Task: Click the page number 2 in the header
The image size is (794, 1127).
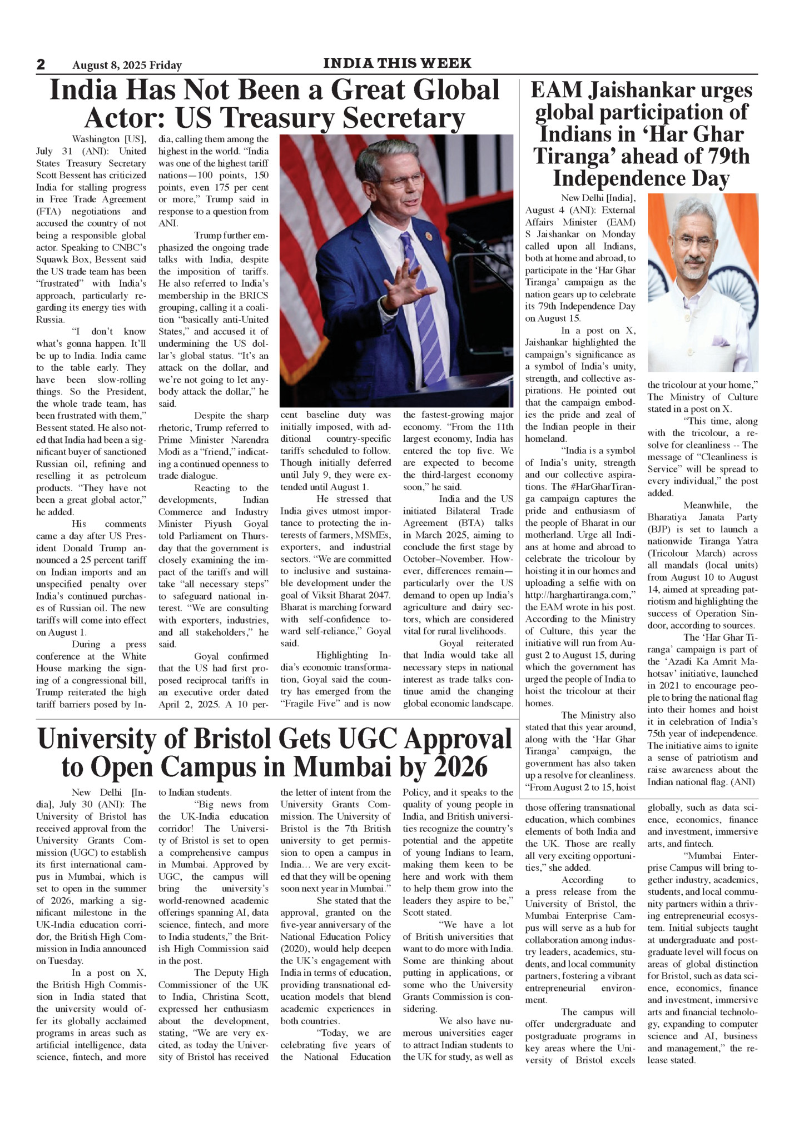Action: click(41, 64)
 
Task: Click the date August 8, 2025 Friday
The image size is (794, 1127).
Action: click(127, 66)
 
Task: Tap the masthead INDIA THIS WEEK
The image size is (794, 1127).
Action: click(397, 63)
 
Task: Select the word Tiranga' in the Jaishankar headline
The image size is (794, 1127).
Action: click(577, 157)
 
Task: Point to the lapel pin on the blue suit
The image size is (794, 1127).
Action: click(429, 236)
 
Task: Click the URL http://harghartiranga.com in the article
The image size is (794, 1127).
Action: click(580, 595)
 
